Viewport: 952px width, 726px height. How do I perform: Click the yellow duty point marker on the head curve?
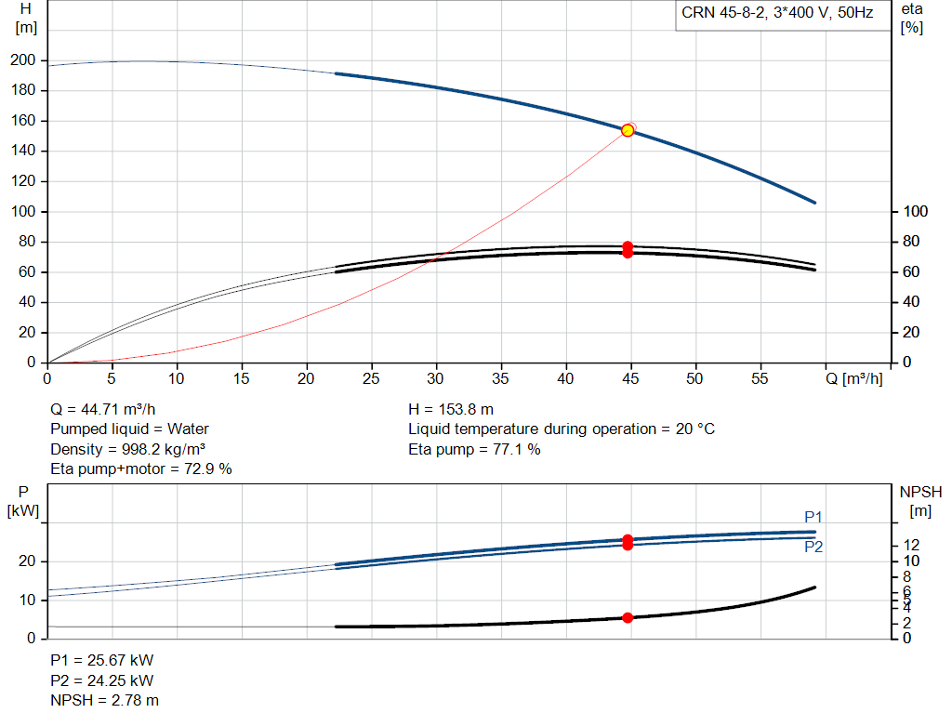point(628,130)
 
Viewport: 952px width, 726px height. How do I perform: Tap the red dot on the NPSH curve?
point(628,618)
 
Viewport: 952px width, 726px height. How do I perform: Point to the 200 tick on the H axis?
point(23,60)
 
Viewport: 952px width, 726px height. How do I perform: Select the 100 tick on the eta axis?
point(916,211)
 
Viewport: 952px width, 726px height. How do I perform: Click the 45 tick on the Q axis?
point(631,378)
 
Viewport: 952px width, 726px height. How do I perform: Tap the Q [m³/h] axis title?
point(853,378)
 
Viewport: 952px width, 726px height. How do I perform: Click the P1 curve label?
point(813,517)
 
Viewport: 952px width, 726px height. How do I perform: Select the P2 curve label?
point(813,547)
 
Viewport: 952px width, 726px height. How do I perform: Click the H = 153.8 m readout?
point(451,410)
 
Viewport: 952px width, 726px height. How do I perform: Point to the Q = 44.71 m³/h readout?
point(102,410)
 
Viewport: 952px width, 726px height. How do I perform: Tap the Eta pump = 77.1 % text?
point(474,449)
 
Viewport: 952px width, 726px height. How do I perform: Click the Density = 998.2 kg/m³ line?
point(128,449)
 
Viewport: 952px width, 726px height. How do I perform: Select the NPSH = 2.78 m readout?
point(104,701)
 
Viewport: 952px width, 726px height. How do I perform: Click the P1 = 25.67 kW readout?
point(102,660)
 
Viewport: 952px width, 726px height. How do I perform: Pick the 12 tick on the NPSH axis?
point(911,545)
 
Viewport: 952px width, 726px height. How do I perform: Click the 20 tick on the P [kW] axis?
point(27,561)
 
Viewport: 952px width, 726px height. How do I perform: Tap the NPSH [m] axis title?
point(920,501)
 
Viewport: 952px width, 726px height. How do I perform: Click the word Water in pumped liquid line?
point(188,429)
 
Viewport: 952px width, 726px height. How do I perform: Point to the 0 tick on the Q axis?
point(47,378)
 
